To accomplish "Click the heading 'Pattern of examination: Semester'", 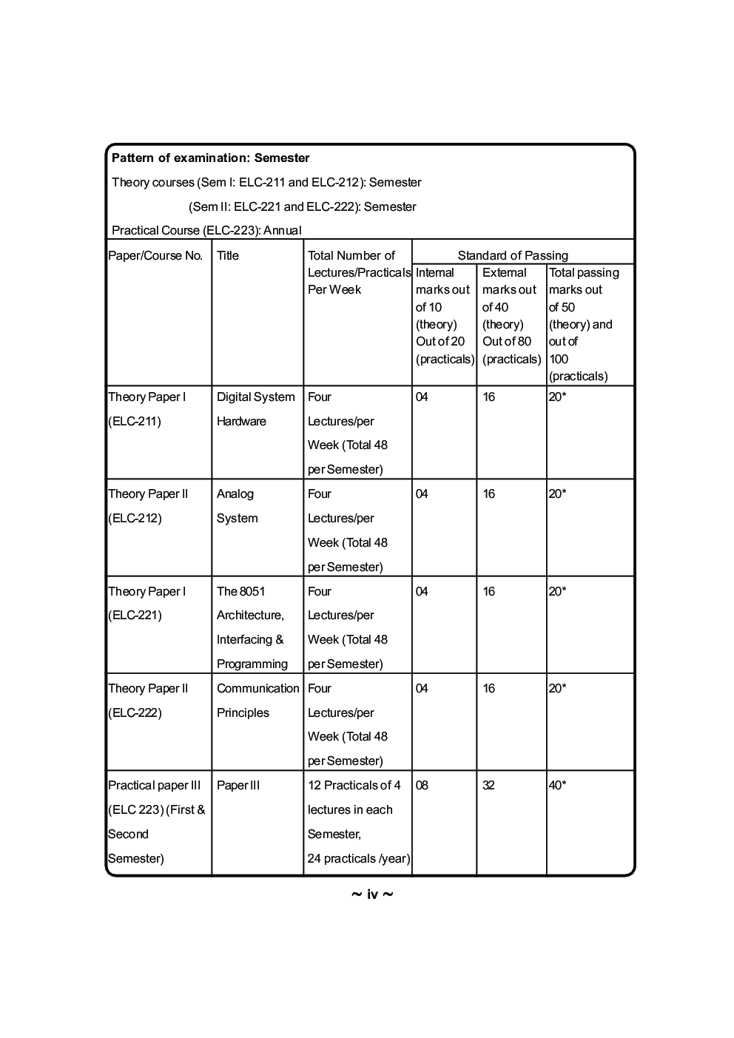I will (210, 158).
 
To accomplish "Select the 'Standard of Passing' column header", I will (513, 255).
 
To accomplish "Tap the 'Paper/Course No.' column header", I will (155, 255).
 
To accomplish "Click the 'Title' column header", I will (228, 255).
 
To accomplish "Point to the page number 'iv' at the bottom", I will (372, 894).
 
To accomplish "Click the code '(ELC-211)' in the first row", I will (135, 421).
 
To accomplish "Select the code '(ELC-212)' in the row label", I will (135, 518).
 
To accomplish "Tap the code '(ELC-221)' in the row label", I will (135, 615).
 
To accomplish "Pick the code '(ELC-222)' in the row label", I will (135, 712).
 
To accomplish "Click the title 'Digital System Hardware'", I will (255, 408).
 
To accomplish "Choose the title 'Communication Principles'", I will (257, 700).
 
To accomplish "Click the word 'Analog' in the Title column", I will (235, 493).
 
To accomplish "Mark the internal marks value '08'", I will (422, 785).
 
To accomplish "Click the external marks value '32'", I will (488, 785).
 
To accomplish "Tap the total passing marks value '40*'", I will (557, 785).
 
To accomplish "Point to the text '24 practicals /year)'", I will (358, 858).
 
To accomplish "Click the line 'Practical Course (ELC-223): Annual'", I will (206, 230).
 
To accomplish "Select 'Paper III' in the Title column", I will (238, 785).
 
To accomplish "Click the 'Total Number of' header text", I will (351, 255).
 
